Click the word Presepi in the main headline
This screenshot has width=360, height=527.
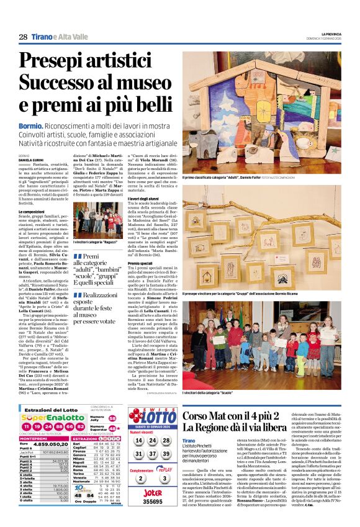click(53, 61)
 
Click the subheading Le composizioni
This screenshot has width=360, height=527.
click(32, 212)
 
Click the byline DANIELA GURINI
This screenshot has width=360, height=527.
click(32, 159)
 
